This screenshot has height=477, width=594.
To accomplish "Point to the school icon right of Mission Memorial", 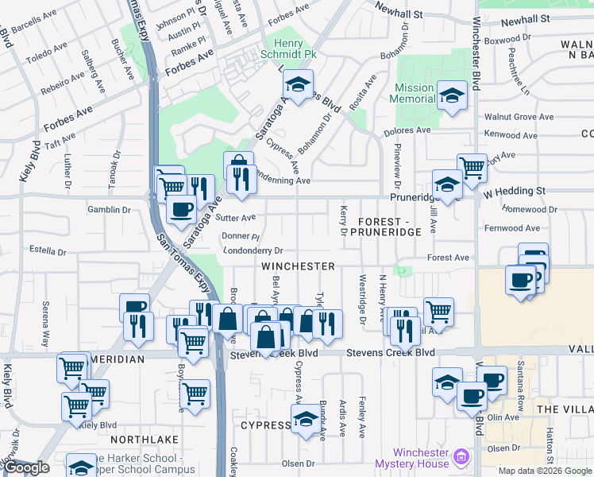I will click(452, 97).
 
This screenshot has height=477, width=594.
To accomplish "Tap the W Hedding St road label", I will click(515, 191).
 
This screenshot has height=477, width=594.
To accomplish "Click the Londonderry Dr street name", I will click(253, 250).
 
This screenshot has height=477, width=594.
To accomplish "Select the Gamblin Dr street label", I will click(110, 209).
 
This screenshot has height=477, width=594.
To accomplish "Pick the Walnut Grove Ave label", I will click(523, 117).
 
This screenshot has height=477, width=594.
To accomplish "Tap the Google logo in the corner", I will click(27, 468).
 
